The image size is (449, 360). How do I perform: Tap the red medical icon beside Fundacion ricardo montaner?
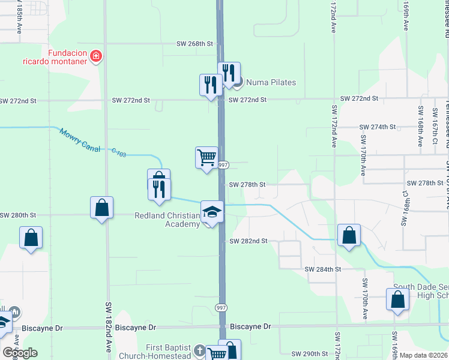click(x=95, y=57)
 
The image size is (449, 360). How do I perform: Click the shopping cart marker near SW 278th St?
click(x=206, y=158)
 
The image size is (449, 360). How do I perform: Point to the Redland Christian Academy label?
click(x=167, y=220)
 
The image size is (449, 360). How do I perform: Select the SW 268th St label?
click(x=194, y=44)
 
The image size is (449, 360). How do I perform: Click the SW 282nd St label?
click(x=248, y=241)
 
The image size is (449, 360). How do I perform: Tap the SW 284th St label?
click(x=322, y=270)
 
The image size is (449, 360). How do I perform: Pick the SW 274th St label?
click(x=378, y=127)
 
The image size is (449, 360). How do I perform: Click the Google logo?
click(x=19, y=353)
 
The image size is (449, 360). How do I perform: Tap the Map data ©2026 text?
click(x=424, y=355)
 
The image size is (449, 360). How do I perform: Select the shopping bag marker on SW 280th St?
click(x=101, y=208)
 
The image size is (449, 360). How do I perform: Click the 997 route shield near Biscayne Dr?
click(x=221, y=307)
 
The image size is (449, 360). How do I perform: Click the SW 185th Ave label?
click(x=20, y=18)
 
